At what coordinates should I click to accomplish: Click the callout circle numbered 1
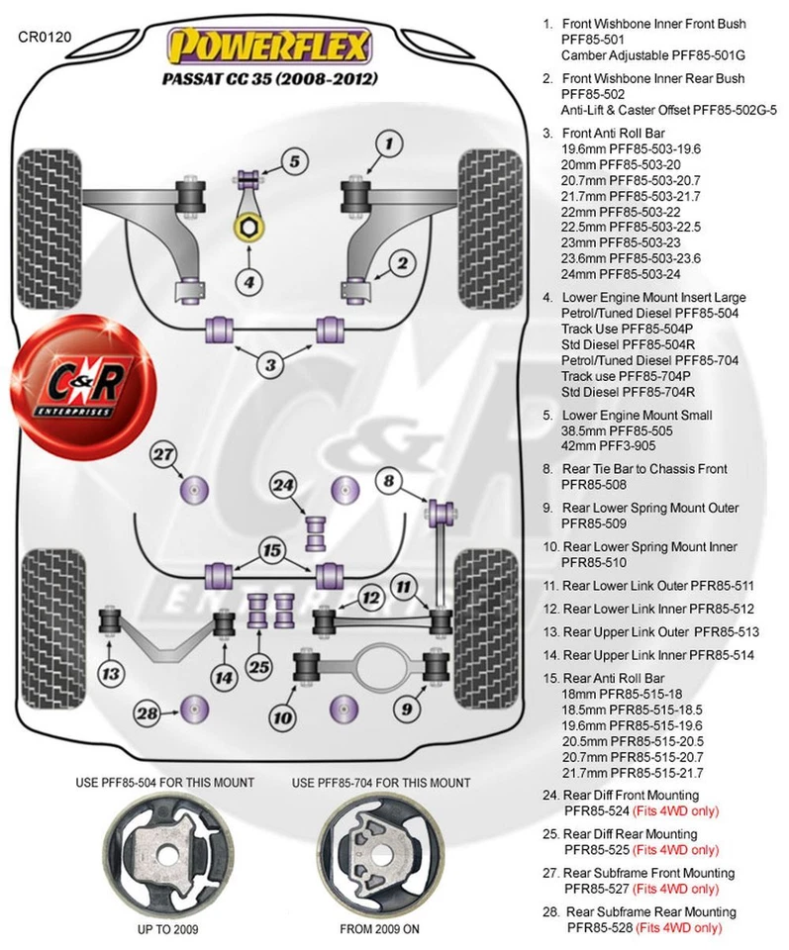(390, 145)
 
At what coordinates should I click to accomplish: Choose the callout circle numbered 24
(284, 486)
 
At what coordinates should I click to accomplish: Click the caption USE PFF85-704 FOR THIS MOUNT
(381, 783)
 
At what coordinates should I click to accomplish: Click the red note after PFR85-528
(679, 928)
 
